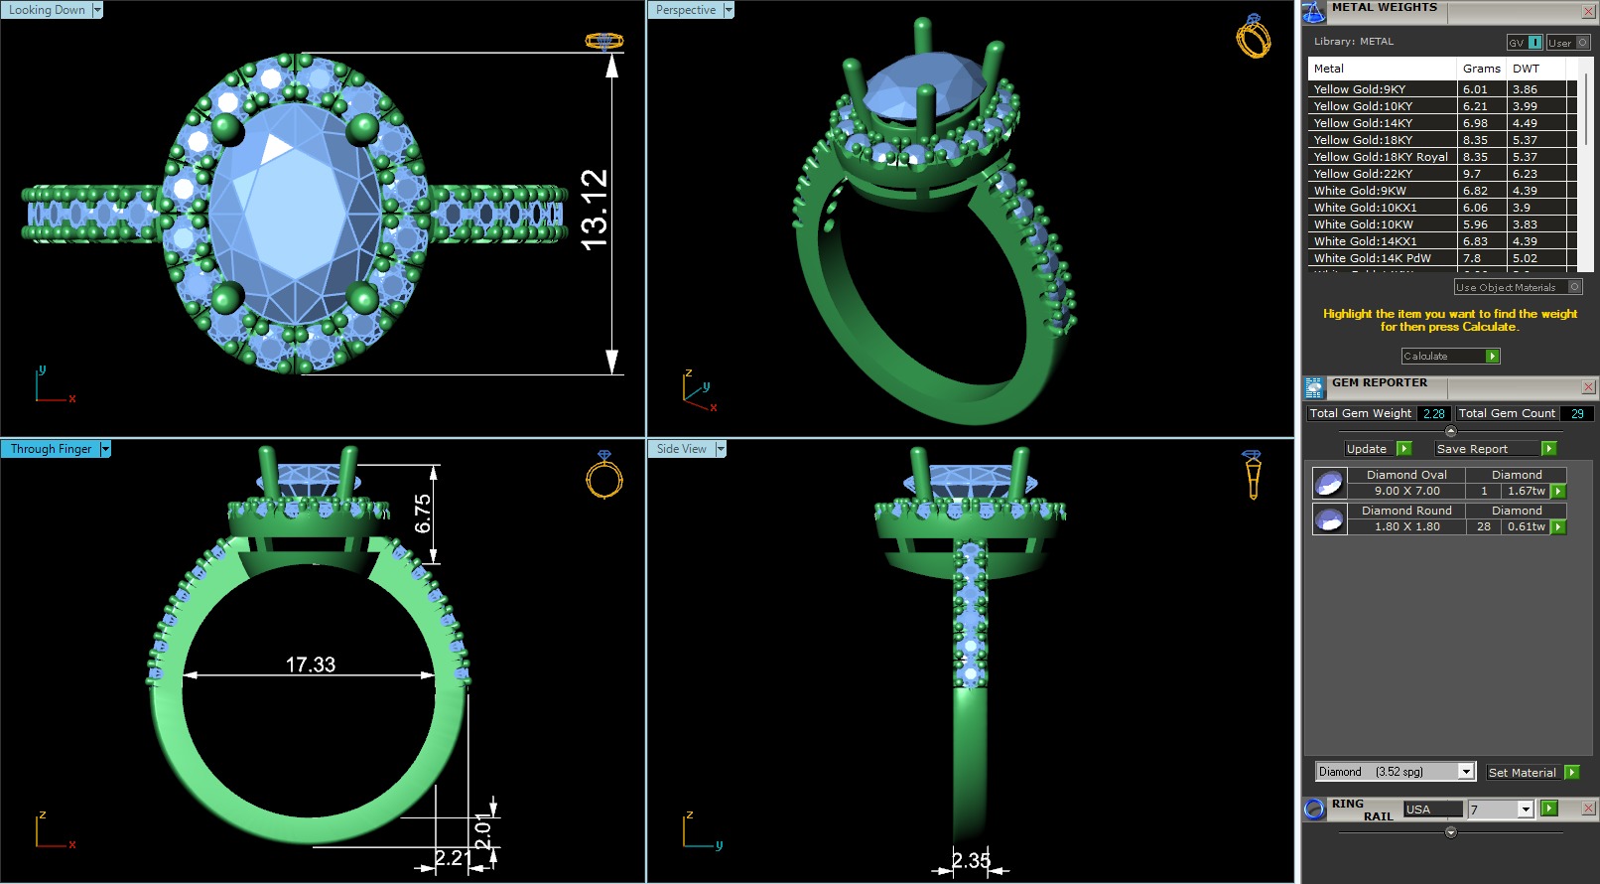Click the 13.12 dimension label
tap(595, 210)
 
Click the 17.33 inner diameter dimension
tap(311, 664)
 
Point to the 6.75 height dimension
tap(424, 514)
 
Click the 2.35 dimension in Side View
tap(970, 860)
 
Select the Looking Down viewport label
tap(47, 10)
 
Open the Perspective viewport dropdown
tap(729, 10)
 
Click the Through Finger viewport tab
tap(51, 449)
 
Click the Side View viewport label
tap(681, 449)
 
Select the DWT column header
tap(1526, 69)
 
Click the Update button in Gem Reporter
tap(1367, 449)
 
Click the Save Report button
tap(1472, 449)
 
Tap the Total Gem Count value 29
tap(1576, 413)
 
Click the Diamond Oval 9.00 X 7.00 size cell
tap(1406, 491)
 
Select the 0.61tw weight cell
tap(1526, 526)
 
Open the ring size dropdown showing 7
tap(1526, 810)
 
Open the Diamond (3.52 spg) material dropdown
tap(1466, 772)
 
